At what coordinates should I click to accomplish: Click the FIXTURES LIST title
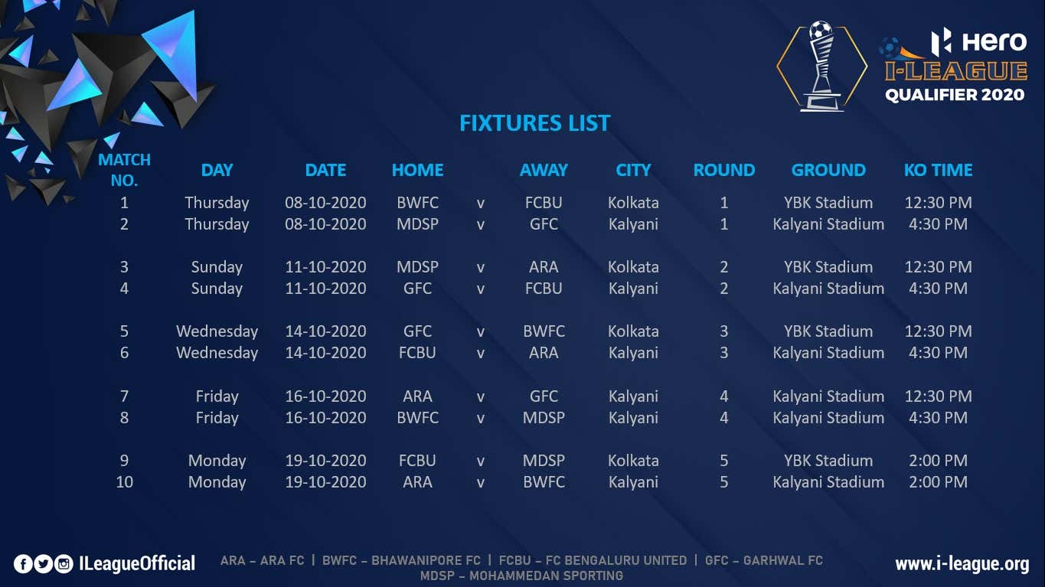pos(534,123)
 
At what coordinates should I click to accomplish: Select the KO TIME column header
pos(938,170)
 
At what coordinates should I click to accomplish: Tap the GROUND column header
pos(828,170)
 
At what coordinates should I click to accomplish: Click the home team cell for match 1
pos(417,203)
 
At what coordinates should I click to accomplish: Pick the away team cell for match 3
pos(544,267)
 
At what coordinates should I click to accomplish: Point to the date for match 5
pos(325,331)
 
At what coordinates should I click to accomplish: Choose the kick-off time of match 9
pos(938,461)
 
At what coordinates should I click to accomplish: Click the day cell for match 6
pos(217,353)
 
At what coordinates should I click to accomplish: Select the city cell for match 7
pos(633,396)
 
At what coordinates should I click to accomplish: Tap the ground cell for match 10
pos(828,482)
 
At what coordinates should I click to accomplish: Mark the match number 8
pos(124,418)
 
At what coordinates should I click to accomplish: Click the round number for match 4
pos(724,289)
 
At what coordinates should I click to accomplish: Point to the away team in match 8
pos(544,418)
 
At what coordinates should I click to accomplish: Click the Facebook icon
pos(23,564)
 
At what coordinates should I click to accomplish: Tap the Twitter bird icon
pos(44,564)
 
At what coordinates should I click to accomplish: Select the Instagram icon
pos(64,564)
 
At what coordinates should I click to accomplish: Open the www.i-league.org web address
pos(962,564)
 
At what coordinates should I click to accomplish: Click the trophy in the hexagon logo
pos(821,66)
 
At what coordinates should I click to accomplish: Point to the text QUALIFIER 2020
pos(955,95)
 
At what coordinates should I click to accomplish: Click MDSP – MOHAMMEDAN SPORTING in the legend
pos(521,576)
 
